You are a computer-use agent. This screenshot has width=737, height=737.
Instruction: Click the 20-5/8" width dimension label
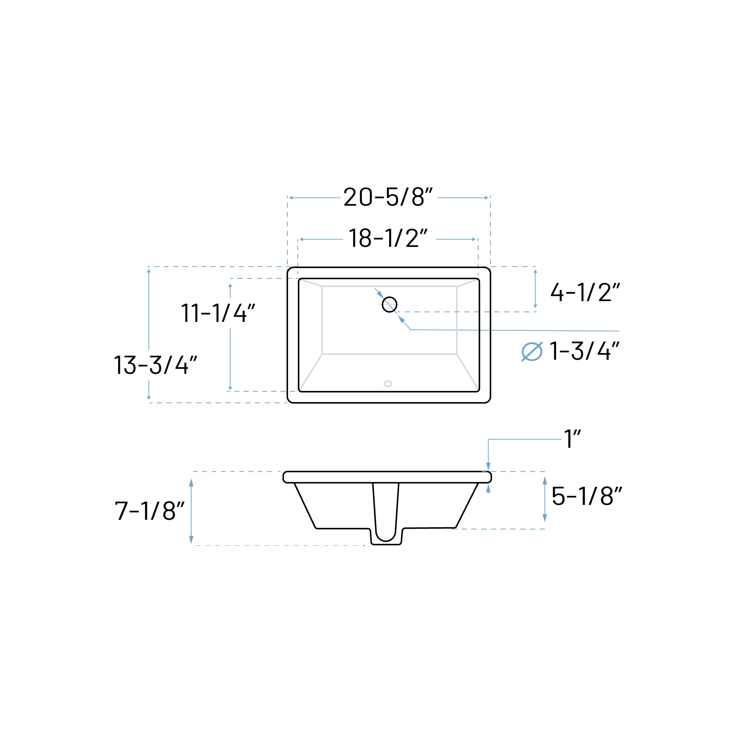pos(388,197)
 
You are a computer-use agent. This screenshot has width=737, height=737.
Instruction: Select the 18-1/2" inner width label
pos(388,238)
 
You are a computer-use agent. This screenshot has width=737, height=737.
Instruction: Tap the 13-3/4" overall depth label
pos(155,365)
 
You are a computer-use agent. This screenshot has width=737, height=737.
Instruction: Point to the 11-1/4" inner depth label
pos(218,313)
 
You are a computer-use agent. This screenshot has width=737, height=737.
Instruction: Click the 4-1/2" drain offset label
pos(585,293)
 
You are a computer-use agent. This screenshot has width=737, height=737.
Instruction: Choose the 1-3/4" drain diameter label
pos(584,351)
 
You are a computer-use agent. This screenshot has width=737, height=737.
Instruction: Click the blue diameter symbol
pos(531,352)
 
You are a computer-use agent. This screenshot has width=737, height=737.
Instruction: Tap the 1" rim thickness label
pos(572,439)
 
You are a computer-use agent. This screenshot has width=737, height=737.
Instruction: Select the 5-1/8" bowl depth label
pos(586,496)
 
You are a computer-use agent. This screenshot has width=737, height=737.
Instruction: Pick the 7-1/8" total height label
pos(150,511)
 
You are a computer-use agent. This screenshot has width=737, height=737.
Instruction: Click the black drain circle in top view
pos(389,304)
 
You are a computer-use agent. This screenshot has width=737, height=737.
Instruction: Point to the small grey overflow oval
pos(388,384)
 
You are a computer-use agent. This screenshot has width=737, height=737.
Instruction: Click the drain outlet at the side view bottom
pos(386,538)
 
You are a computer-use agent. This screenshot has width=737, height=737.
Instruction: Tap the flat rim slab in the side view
pos(387,477)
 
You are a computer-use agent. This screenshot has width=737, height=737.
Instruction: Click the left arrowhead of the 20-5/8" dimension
pos(291,198)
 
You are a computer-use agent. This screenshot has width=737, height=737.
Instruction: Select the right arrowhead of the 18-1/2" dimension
pos(474,239)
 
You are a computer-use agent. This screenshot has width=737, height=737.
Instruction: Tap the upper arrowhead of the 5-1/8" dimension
pos(545,481)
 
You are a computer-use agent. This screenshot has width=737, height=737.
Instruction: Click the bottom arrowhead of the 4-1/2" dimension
pos(535,306)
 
